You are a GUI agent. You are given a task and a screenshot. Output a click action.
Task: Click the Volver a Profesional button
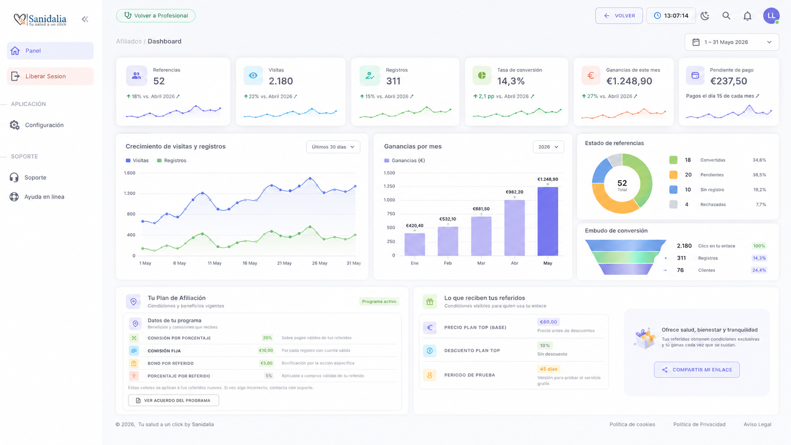point(156,16)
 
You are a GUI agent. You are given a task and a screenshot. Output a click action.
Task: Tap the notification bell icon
point(747,16)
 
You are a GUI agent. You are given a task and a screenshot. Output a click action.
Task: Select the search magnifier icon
point(726,16)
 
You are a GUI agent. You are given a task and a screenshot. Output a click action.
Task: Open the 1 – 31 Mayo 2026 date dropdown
point(732,42)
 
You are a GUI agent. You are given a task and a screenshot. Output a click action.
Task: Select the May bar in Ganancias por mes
point(548,221)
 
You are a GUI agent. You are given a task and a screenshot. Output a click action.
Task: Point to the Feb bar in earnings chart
point(448,241)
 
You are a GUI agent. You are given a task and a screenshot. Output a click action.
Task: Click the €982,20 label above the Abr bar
point(514,192)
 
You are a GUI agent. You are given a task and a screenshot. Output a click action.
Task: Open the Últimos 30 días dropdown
point(333,147)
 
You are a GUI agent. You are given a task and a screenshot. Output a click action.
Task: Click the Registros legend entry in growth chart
point(172,161)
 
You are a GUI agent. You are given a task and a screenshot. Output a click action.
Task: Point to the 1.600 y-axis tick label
point(130,173)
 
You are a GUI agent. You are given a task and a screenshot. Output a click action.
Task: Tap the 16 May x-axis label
point(250,263)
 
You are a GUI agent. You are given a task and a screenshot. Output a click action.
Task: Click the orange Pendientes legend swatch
point(673,175)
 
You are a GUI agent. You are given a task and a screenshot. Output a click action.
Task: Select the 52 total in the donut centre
point(622,183)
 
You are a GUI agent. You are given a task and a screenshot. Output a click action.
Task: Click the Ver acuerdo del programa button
point(173,401)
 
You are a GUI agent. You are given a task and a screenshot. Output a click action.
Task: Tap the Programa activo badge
point(379,301)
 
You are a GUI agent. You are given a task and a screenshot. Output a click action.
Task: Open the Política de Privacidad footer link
point(699,424)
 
